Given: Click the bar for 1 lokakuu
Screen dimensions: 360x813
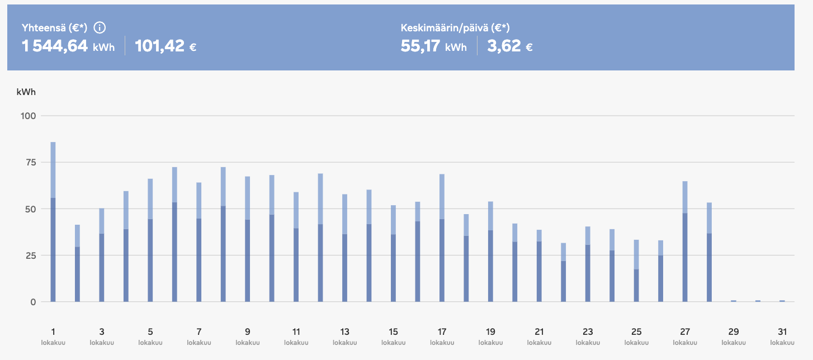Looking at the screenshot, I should (53, 224).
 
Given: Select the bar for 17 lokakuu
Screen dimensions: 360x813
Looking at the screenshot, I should (442, 240).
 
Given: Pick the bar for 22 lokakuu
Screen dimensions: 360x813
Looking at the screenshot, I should (564, 274).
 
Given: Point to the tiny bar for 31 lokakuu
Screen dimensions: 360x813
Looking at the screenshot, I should (782, 301).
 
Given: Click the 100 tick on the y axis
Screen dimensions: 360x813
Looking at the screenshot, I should (29, 116).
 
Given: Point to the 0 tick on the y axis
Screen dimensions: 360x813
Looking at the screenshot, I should (33, 302).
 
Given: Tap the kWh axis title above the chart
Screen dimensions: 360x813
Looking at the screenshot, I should (26, 92).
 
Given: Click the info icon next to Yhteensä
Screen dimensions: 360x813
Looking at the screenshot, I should (100, 27).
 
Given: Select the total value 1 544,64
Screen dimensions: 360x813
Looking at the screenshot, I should (55, 46).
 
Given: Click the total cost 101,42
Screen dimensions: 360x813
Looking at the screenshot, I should (160, 46).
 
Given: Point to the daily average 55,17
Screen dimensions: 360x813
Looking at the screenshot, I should (420, 46).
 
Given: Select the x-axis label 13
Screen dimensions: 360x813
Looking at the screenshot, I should (344, 331).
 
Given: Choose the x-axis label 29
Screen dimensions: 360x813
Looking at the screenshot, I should (733, 331).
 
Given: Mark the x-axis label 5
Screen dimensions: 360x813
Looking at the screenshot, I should (150, 331).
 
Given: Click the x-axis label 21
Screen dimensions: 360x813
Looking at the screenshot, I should (539, 331).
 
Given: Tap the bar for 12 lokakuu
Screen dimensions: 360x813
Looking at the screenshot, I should (320, 240).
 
